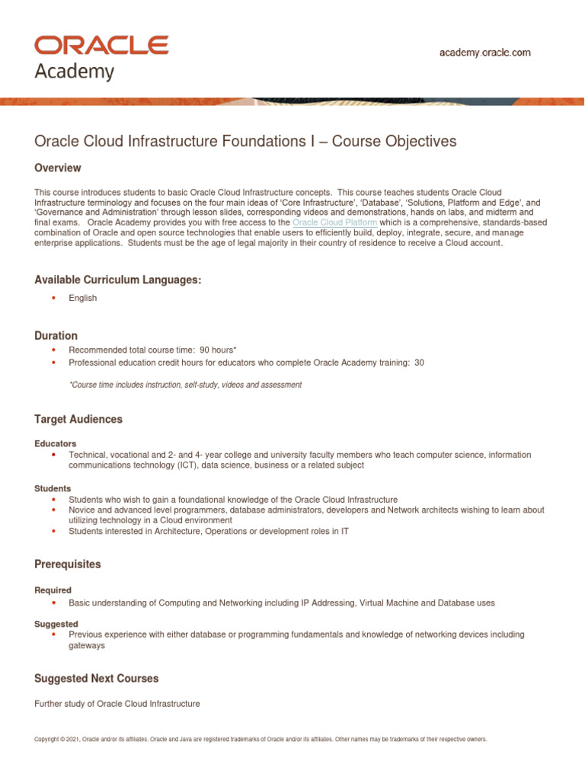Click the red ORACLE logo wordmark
click(x=101, y=46)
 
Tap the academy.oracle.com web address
click(x=485, y=53)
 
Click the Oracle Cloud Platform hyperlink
click(x=334, y=222)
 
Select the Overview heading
click(x=58, y=168)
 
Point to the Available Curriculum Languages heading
click(x=118, y=280)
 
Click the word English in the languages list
click(x=82, y=299)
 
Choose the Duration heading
click(x=56, y=335)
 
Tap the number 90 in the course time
click(x=205, y=350)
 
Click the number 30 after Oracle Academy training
click(x=420, y=363)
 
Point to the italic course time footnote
click(x=185, y=385)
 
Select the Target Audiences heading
click(x=78, y=419)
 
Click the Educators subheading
click(x=55, y=443)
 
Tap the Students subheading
click(x=53, y=488)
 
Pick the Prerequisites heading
click(x=68, y=564)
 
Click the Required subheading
click(x=53, y=590)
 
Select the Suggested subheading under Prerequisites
click(x=56, y=623)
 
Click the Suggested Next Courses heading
click(x=97, y=678)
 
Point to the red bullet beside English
click(x=53, y=299)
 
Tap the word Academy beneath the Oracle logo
click(x=75, y=72)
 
